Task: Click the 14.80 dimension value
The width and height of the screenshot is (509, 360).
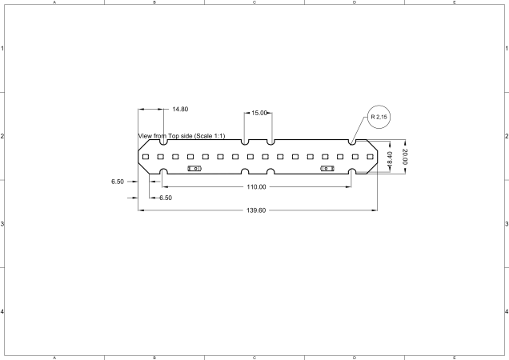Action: (x=180, y=109)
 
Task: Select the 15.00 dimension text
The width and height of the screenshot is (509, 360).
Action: (x=259, y=114)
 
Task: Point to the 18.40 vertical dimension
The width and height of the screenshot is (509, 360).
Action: (x=390, y=158)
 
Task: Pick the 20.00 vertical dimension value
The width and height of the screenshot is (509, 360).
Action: (x=405, y=157)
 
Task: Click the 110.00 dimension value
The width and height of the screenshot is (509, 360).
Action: (x=256, y=186)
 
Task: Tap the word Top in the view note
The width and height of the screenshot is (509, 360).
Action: (x=174, y=136)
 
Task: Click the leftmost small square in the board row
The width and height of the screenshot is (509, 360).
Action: (x=146, y=158)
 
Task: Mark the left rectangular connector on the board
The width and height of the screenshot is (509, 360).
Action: (x=194, y=169)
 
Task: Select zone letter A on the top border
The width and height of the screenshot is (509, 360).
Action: (x=54, y=2)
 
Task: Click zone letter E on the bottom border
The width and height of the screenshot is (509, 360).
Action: (x=454, y=357)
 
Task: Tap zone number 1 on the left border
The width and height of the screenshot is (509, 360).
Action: (x=2, y=49)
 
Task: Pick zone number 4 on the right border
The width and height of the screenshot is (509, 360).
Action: (x=506, y=311)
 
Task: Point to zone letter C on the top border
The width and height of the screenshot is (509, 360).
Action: (x=254, y=2)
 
